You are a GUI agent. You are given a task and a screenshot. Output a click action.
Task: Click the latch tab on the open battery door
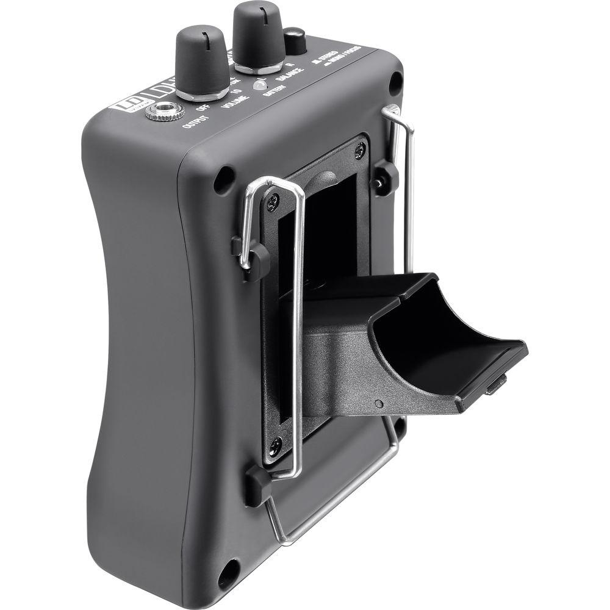pos(498,384)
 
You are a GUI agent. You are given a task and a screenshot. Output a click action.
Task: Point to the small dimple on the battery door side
pos(379,403)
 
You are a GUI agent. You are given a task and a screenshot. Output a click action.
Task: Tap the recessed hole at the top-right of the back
pos(395,81)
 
